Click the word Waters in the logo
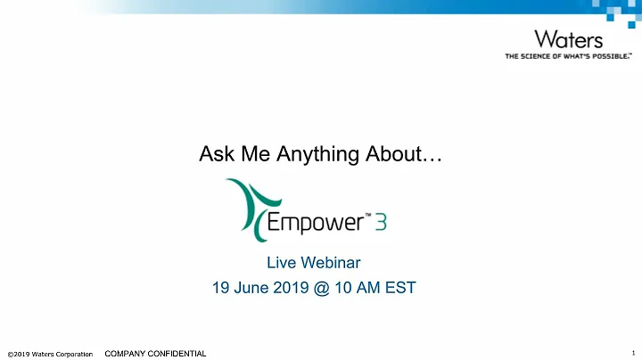pyautogui.click(x=568, y=40)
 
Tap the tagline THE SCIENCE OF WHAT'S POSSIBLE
pyautogui.click(x=568, y=56)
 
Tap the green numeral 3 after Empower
pyautogui.click(x=380, y=218)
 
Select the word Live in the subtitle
pyautogui.click(x=281, y=263)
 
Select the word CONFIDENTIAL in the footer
pyautogui.click(x=174, y=354)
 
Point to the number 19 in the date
pyautogui.click(x=221, y=288)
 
